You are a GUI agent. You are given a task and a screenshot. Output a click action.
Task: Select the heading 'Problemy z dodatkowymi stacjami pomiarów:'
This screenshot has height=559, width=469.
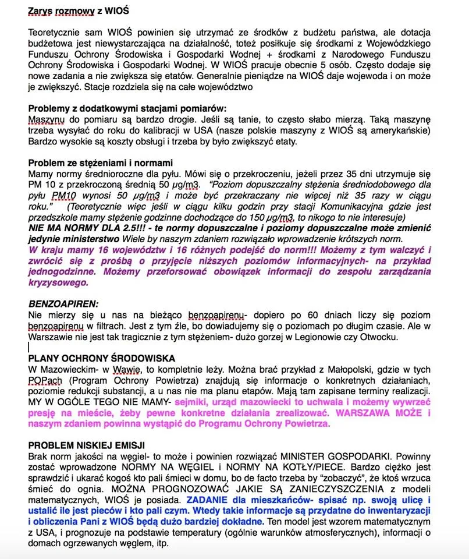pos(127,108)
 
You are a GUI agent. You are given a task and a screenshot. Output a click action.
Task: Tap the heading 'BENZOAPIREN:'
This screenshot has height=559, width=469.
pos(63,303)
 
